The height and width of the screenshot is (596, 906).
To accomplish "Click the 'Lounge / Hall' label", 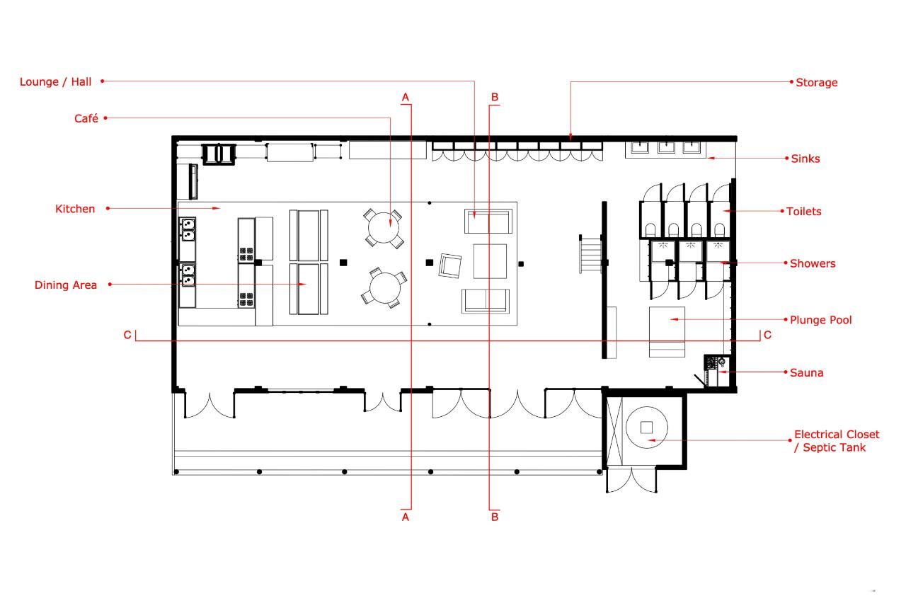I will pyautogui.click(x=55, y=82).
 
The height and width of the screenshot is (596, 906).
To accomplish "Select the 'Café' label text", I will pyautogui.click(x=86, y=118).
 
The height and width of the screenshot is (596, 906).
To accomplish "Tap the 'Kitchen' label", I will pyautogui.click(x=75, y=209).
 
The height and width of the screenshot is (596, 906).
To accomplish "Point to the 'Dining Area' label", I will pyautogui.click(x=66, y=285).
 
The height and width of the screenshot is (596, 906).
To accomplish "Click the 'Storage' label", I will pyautogui.click(x=816, y=83).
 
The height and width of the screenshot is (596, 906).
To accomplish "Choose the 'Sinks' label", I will pyautogui.click(x=805, y=159).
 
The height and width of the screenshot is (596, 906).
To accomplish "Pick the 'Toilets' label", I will pyautogui.click(x=803, y=212).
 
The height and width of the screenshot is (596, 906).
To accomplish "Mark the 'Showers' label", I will pyautogui.click(x=813, y=263).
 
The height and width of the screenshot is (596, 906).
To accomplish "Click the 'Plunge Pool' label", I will pyautogui.click(x=820, y=320).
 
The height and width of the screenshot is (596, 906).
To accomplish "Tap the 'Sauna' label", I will pyautogui.click(x=806, y=372).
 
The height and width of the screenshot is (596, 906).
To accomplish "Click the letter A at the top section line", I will pyautogui.click(x=406, y=96).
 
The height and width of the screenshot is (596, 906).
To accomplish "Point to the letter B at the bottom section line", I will pyautogui.click(x=495, y=517).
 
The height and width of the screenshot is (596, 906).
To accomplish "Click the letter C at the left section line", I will pyautogui.click(x=127, y=335).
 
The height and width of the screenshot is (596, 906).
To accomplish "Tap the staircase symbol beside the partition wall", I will pyautogui.click(x=590, y=255).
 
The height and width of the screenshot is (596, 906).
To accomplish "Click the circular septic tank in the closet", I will pyautogui.click(x=647, y=427).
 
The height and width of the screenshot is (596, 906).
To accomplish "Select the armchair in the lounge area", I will pyautogui.click(x=450, y=265).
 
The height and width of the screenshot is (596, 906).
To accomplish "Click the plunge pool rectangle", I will pyautogui.click(x=667, y=331).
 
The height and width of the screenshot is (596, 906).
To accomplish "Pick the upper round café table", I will pyautogui.click(x=384, y=227).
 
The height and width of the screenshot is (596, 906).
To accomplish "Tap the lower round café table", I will pyautogui.click(x=384, y=288).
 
